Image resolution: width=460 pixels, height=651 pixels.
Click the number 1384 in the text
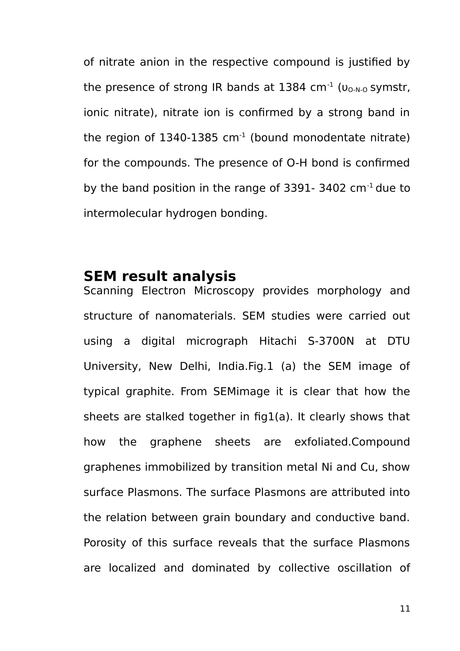pos(292,87)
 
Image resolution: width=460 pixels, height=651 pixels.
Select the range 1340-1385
pos(188,138)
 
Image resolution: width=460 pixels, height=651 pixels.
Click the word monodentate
pos(329,138)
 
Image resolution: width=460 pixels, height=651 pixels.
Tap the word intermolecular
pos(122,213)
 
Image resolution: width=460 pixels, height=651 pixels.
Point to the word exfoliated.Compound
pos(352,442)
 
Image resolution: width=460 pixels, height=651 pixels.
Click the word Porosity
pos(105,543)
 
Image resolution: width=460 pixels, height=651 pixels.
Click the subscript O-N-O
pos(357,90)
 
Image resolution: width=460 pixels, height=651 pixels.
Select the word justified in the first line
pos(370,62)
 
